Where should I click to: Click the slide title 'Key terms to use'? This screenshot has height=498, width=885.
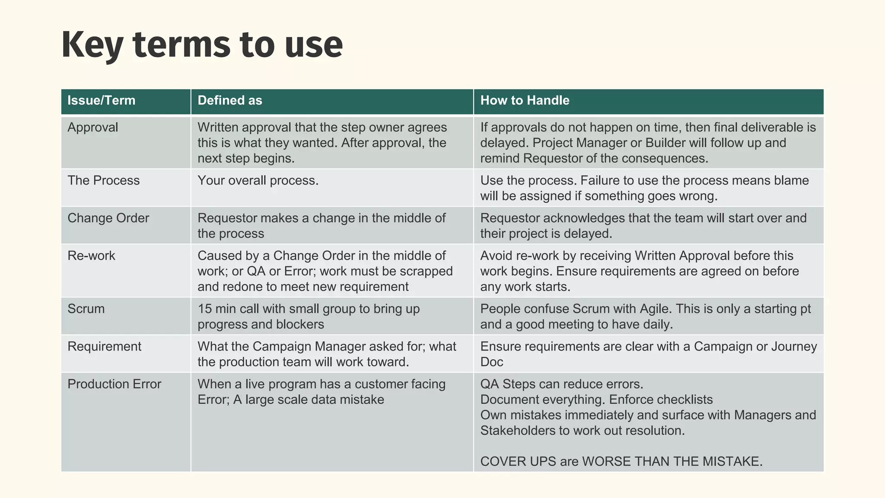[202, 45]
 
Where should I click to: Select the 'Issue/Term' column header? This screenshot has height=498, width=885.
[101, 101]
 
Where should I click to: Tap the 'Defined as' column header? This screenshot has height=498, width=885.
[229, 101]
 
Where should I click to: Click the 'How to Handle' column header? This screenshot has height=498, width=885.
[525, 101]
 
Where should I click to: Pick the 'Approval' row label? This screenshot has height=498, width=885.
[92, 128]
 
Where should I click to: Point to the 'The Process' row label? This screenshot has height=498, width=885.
[103, 181]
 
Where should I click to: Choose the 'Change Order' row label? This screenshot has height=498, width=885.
[108, 218]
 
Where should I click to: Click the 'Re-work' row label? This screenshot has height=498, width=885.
[91, 256]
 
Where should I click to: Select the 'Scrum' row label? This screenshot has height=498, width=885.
[86, 309]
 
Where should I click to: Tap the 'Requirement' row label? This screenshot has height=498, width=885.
[104, 347]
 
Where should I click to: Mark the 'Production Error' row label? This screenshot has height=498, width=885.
[114, 384]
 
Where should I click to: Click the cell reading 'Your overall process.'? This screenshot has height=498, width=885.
[258, 181]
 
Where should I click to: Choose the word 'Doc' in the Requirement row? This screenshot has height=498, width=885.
[492, 362]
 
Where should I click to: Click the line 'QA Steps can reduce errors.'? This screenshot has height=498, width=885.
[562, 384]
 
